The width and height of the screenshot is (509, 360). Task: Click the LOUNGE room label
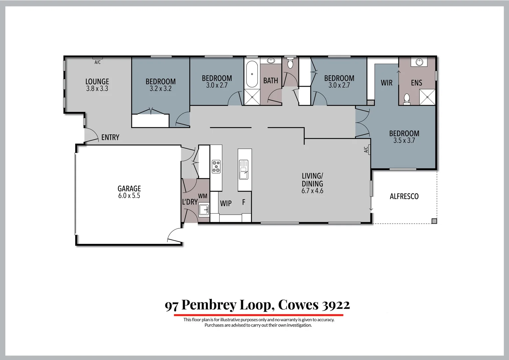[x=97, y=85]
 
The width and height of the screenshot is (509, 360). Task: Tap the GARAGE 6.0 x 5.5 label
[x=129, y=192]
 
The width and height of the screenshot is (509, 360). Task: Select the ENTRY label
[x=110, y=137]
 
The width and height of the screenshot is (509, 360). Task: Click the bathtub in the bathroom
[x=252, y=74]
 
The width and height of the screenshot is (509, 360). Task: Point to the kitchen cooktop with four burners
[x=216, y=166]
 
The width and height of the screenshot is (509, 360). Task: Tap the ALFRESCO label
[x=404, y=196]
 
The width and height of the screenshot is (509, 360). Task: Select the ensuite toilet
[x=407, y=99]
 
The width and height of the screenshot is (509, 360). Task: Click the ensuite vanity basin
[x=419, y=62]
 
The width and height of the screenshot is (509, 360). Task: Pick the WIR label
[x=387, y=83]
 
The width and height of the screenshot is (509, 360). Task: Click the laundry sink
[x=204, y=210]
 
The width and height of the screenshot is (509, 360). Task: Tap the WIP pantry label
[x=226, y=203]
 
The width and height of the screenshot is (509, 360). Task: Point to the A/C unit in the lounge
[x=97, y=59]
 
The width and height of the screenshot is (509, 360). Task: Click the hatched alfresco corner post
[x=434, y=221]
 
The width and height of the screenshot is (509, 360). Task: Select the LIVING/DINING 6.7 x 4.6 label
[x=312, y=183]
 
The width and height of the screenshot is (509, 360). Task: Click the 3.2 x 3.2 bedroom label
[x=161, y=85]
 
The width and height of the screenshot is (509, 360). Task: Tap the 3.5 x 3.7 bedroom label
[x=404, y=137]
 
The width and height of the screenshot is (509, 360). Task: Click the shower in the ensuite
[x=427, y=97]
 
